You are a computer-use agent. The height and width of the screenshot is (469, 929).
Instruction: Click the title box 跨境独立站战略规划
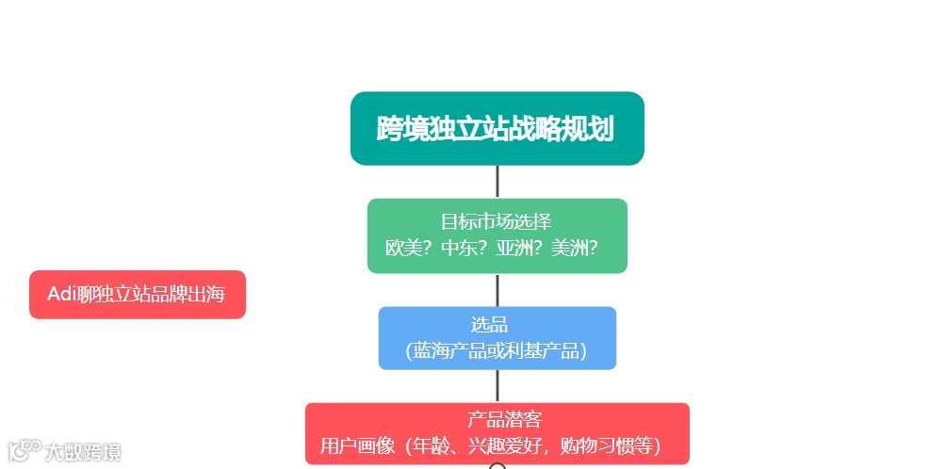pyautogui.click(x=497, y=128)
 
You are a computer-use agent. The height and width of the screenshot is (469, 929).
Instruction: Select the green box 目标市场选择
pyautogui.click(x=497, y=235)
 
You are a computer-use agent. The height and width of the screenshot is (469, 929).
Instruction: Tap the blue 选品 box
pyautogui.click(x=497, y=337)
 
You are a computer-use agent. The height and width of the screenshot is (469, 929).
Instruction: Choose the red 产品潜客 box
pyautogui.click(x=497, y=433)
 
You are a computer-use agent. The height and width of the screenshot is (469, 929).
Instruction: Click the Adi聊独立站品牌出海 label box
pyautogui.click(x=138, y=295)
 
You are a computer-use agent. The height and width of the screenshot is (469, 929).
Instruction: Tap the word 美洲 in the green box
pyautogui.click(x=570, y=249)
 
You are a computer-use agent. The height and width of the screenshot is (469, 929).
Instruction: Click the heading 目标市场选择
pyautogui.click(x=496, y=222)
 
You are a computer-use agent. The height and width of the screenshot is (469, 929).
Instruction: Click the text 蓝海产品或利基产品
pyautogui.click(x=497, y=350)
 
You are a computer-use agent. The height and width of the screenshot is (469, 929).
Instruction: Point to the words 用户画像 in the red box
pyautogui.click(x=351, y=445)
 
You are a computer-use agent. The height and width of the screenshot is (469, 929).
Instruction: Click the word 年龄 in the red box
pyautogui.click(x=426, y=445)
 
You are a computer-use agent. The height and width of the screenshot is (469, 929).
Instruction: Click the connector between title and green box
pyautogui.click(x=497, y=182)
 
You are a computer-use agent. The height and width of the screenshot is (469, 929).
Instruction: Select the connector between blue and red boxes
pyautogui.click(x=497, y=386)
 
